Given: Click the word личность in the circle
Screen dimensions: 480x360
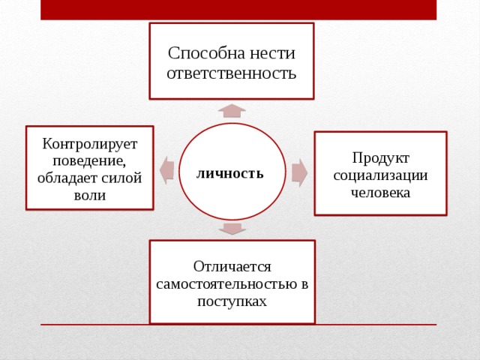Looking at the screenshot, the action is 230,173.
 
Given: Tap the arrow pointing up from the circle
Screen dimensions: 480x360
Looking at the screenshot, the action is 232,111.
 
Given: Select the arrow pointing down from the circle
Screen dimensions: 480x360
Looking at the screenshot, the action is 232,229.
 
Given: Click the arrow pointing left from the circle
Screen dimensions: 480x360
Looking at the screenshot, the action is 167,170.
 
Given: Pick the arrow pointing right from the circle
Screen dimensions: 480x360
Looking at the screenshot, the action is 299,172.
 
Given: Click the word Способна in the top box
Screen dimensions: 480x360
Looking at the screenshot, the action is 207,54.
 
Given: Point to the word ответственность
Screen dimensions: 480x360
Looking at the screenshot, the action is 232,73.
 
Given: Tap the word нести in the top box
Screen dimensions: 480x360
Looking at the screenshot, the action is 272,54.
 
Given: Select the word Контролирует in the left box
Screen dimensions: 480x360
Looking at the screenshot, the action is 90,144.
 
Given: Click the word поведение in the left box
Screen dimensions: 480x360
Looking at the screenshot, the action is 89,161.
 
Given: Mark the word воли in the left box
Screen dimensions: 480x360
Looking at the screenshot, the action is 90,195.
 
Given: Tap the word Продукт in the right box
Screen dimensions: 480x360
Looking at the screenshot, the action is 380,158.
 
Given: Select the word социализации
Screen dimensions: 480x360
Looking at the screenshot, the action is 380,176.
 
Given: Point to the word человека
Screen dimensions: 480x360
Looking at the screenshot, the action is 380,193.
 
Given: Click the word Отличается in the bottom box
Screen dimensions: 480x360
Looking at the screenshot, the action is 232,267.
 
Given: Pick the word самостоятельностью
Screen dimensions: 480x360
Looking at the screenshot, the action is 228,284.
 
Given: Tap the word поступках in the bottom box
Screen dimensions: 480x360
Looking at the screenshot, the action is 232,301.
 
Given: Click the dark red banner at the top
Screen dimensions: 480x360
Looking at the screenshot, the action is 238,10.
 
